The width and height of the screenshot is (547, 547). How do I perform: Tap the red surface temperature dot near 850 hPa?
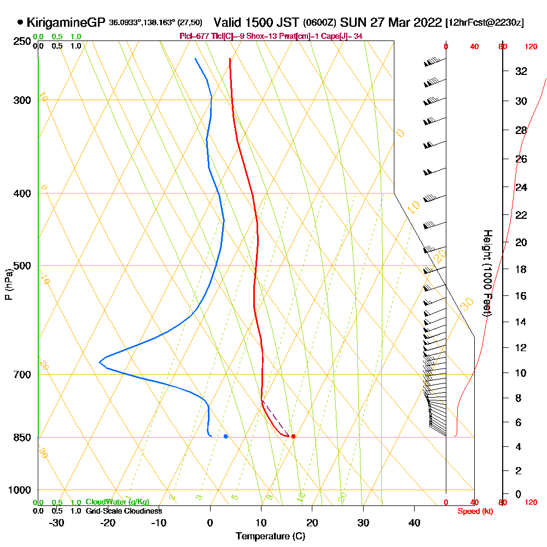click(294, 436)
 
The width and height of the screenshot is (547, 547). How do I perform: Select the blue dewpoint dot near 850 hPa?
click(226, 436)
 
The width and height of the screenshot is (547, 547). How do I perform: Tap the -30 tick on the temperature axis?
click(57, 523)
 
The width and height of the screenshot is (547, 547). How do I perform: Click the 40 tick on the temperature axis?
click(415, 523)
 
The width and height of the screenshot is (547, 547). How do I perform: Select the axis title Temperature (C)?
click(270, 536)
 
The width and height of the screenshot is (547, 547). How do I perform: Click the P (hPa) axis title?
click(8, 284)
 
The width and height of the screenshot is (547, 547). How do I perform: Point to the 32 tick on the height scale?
click(521, 71)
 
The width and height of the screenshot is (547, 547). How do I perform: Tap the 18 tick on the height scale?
click(521, 269)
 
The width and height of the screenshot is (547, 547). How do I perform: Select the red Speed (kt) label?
click(474, 511)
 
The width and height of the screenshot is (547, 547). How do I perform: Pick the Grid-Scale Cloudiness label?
click(124, 511)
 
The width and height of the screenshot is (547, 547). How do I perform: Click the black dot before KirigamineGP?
click(21, 22)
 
